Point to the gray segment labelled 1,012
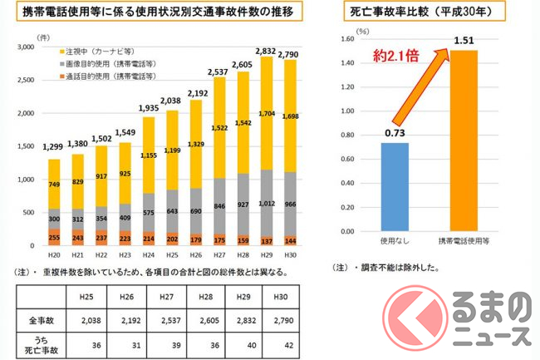268,200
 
